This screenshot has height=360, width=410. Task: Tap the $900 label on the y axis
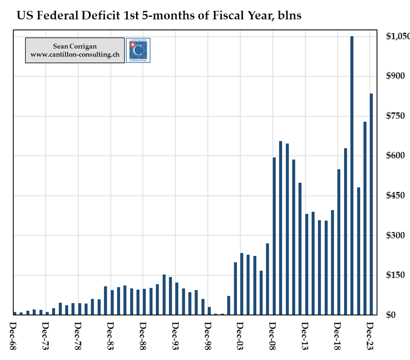(395, 76)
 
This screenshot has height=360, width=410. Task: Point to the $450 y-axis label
(395, 196)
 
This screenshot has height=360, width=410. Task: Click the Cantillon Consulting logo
(138, 50)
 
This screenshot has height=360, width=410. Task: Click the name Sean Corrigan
(75, 46)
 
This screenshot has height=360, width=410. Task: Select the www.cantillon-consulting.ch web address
(75, 55)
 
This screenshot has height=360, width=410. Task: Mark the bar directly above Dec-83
(105, 300)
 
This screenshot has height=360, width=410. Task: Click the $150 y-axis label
(395, 275)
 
